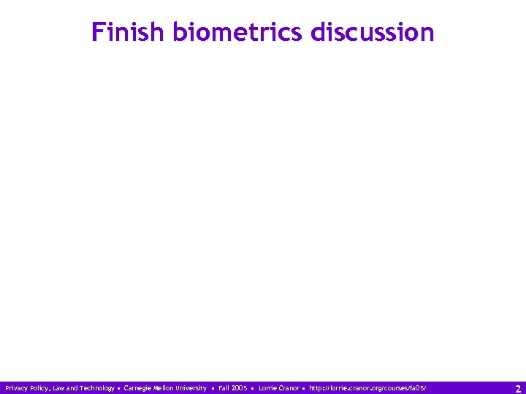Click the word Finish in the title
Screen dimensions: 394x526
click(129, 32)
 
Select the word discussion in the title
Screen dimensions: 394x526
click(373, 32)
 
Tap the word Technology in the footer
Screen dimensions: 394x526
click(96, 388)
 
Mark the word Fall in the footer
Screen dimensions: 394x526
click(224, 388)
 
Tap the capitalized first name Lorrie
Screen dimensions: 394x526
click(268, 388)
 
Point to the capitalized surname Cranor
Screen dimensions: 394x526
click(289, 388)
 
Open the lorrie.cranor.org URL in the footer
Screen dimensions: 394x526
click(367, 388)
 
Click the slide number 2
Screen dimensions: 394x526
click(518, 389)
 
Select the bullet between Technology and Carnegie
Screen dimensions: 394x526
click(119, 388)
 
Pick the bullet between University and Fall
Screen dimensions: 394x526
click(213, 388)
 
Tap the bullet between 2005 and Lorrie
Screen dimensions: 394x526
click(253, 388)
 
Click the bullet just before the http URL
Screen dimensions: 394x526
click(303, 388)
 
